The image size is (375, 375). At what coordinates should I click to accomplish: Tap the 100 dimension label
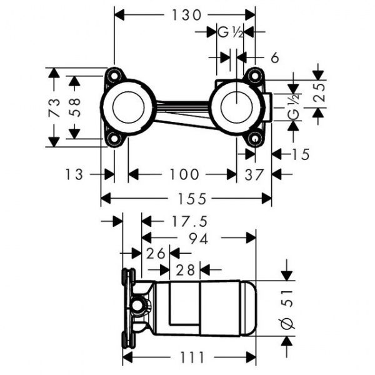point(182,174)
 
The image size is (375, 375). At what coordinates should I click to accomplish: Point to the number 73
point(55,107)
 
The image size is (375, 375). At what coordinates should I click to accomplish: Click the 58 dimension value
point(74,107)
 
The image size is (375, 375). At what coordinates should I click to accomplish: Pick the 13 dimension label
point(73,174)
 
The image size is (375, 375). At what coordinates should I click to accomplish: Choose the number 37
point(254,174)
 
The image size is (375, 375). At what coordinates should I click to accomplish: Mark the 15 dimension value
point(300,154)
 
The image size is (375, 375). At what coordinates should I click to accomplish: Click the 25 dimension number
point(319,93)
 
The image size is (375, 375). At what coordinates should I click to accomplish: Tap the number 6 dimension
point(274,57)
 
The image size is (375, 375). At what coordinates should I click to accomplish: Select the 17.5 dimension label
point(187,221)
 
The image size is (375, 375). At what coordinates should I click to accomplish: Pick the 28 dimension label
point(184,270)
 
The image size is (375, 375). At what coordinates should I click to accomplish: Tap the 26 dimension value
point(155,253)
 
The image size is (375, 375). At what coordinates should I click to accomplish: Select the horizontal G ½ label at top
point(229,32)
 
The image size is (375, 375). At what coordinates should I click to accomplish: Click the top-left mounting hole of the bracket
point(113,76)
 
